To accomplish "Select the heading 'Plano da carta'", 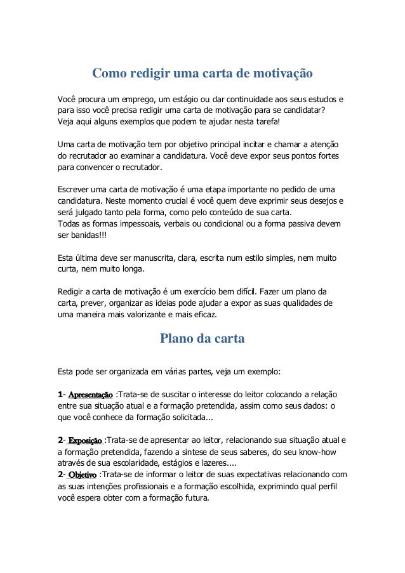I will click(202, 339).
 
